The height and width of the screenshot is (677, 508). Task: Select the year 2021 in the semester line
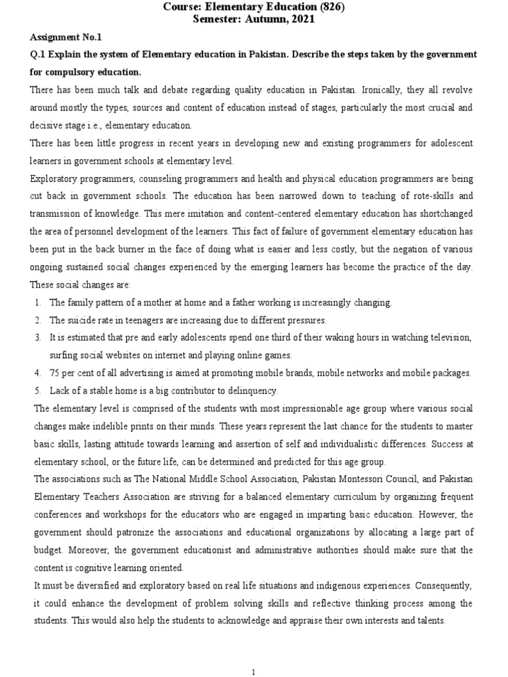(300, 20)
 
